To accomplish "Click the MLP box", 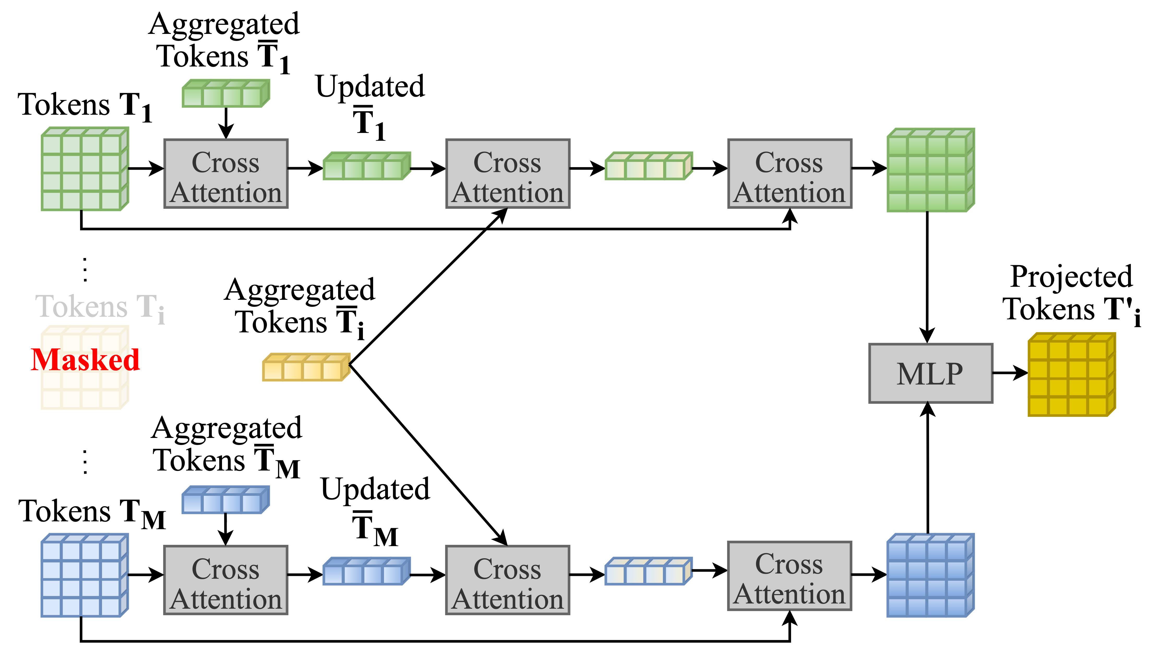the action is (931, 373).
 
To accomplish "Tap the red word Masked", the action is (85, 360).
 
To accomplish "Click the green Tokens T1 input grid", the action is (85, 169).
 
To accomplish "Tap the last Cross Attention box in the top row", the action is (790, 174).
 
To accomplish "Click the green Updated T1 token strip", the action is (367, 166).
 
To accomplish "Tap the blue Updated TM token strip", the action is (367, 571).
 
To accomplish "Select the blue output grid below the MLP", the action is (931, 575).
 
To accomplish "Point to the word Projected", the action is (1071, 277).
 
